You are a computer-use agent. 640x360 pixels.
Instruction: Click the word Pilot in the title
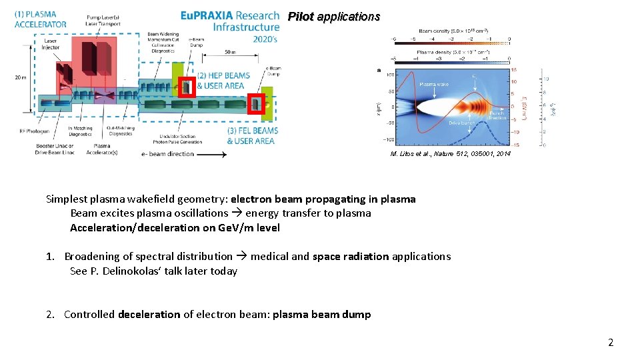(301, 17)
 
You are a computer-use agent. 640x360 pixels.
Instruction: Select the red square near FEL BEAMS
(256, 103)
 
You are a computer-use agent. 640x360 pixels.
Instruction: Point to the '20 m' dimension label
(21, 77)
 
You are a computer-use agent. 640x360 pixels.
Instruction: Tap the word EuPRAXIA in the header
(205, 15)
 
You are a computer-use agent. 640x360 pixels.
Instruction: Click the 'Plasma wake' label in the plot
(434, 85)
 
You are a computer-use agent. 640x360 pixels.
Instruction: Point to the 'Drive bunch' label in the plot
(462, 123)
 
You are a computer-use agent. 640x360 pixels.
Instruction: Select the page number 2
(610, 343)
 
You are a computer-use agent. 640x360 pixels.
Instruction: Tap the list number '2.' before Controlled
(51, 314)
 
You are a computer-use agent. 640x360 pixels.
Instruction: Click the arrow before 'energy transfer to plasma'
(237, 213)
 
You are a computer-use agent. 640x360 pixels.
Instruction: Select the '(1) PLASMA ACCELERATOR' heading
(40, 19)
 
